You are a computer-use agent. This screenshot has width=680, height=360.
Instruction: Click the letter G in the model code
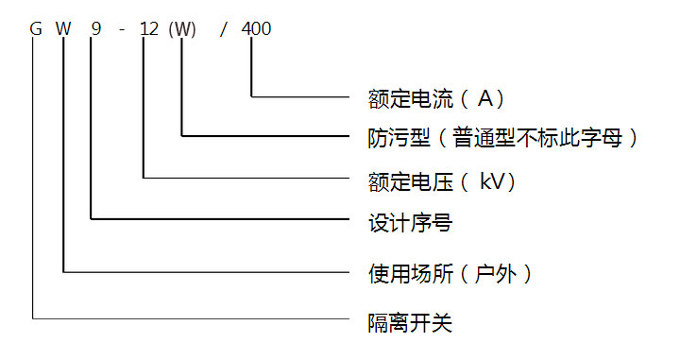(x=36, y=29)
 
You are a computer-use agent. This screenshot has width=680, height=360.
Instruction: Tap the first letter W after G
(x=63, y=29)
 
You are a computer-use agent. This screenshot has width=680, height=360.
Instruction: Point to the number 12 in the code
(x=148, y=29)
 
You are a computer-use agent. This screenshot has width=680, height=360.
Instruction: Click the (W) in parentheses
(x=181, y=29)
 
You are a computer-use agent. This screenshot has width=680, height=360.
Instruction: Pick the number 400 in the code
(x=256, y=29)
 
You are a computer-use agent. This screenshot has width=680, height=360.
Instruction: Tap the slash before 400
(x=223, y=29)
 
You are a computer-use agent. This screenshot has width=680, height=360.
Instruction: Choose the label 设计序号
(x=408, y=224)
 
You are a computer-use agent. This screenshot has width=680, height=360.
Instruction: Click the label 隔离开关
(x=409, y=323)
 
